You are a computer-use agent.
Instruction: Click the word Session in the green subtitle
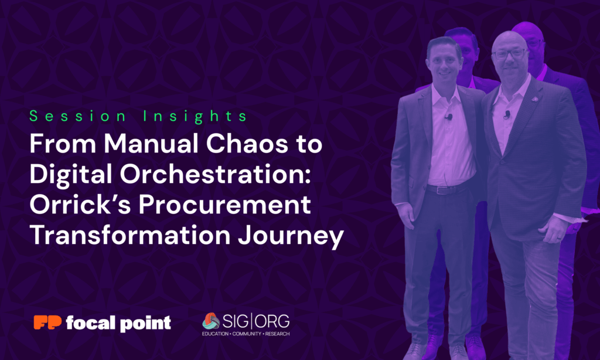tap(78, 116)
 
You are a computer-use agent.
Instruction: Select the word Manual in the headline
tap(151, 144)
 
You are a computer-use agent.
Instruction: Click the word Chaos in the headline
tap(247, 144)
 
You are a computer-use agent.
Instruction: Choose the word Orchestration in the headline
tap(216, 174)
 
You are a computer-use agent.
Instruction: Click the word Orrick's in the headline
tap(80, 205)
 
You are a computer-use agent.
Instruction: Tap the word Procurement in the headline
tap(224, 205)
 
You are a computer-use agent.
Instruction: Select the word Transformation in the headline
tap(130, 235)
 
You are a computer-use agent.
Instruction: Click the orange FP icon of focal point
tap(47, 322)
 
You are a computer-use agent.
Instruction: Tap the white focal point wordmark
tap(118, 323)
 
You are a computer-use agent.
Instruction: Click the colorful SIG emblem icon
tap(211, 321)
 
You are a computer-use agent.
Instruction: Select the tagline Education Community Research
tap(246, 334)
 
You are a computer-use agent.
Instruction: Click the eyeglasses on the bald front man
tap(510, 54)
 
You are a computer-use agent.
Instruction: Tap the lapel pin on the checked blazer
tap(535, 100)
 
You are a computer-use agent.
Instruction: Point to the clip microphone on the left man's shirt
tap(449, 117)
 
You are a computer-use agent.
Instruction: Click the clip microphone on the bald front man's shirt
tap(507, 114)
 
